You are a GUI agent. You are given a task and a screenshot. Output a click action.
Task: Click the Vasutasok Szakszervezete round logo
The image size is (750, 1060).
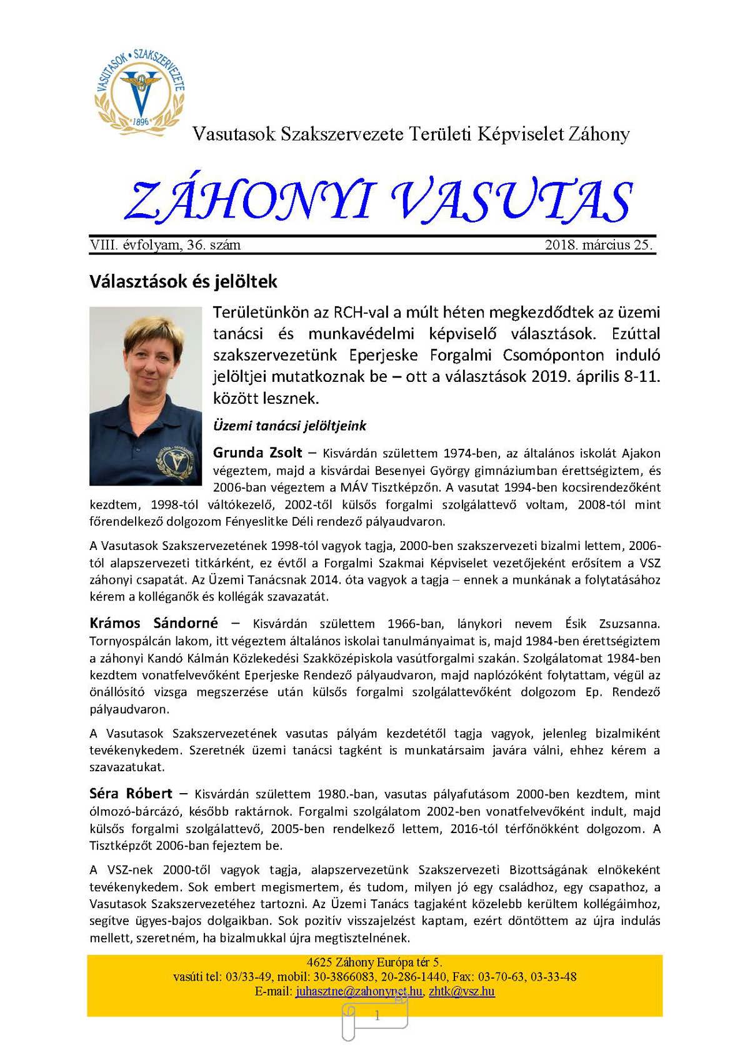point(140,91)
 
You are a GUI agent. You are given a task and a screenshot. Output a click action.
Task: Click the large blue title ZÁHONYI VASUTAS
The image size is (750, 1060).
point(378,201)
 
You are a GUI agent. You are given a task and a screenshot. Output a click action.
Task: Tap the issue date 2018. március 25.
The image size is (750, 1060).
point(598,245)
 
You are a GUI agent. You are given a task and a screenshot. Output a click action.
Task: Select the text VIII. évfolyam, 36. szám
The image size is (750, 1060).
point(165,245)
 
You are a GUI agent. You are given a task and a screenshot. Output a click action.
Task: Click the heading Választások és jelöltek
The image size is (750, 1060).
point(183,281)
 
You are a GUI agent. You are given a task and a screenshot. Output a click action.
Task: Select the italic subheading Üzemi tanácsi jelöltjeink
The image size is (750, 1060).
point(289,426)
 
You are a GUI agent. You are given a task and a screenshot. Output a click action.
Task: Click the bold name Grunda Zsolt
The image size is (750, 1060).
point(257,452)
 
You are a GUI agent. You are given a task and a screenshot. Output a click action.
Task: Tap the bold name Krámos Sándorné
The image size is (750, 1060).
point(154,623)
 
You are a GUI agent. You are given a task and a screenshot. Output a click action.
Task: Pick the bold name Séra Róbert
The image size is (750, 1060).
point(131,794)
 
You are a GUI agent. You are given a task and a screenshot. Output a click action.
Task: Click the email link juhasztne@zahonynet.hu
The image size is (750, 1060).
point(359,991)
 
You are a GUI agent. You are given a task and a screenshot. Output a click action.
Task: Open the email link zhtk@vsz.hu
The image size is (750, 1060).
point(462,991)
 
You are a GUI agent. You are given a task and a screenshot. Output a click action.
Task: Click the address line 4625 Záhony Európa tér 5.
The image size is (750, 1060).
point(374,962)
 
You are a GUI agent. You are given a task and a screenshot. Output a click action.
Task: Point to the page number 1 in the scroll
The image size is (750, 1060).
point(377,1016)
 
